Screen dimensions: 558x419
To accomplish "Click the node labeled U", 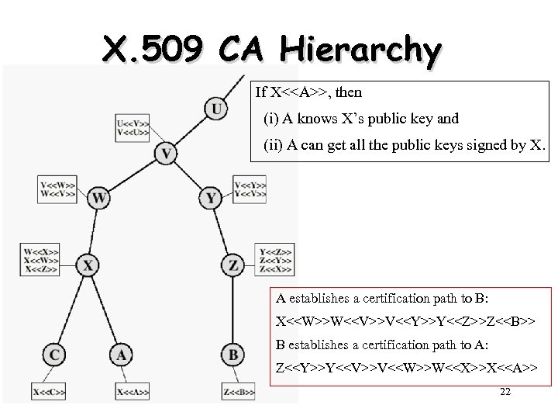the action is point(217,109).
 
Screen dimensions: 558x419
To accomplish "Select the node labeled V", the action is point(165,153).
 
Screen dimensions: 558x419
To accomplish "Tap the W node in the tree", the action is point(98,199).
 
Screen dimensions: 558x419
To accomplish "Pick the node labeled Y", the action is point(211,199).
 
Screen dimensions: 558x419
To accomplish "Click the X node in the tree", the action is point(88,266).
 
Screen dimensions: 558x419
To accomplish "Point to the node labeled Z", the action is point(232,266).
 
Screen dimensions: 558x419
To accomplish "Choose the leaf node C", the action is point(54,355).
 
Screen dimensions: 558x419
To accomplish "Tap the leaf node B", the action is point(232,355).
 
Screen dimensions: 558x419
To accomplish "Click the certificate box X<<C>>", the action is point(49,393).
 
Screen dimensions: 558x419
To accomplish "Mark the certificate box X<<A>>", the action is point(133,393).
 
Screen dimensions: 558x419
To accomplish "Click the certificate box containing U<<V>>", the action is point(133,126).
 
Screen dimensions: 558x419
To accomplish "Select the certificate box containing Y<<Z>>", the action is point(275,261).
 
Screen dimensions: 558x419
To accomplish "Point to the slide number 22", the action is point(505,393).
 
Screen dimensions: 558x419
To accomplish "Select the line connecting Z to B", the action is point(232,310).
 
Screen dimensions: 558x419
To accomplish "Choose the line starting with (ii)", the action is point(403,144).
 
